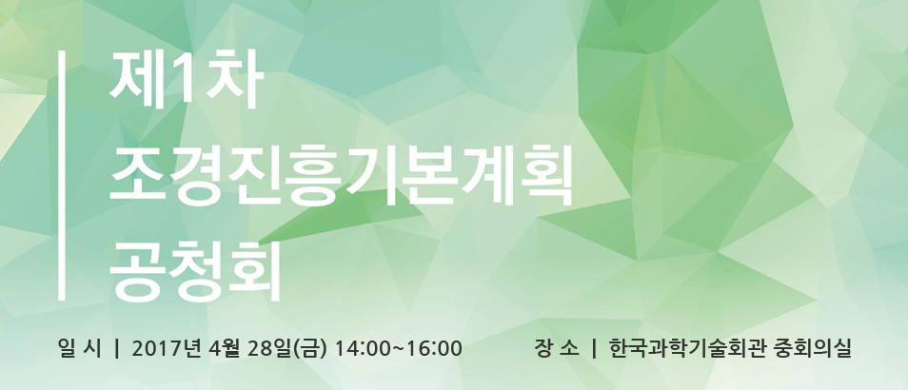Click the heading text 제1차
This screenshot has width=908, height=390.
pos(188,81)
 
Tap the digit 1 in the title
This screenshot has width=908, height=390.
pos(188,81)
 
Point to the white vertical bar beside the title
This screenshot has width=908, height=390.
pos(61,176)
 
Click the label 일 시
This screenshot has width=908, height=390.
pos(79,349)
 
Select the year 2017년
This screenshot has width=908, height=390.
pos(166,349)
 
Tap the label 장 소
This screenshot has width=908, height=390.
pos(557,349)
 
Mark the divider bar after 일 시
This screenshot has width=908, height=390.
pos(117,349)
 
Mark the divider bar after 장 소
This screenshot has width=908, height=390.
pos(594,349)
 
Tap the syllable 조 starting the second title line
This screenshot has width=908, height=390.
pos(137,176)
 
